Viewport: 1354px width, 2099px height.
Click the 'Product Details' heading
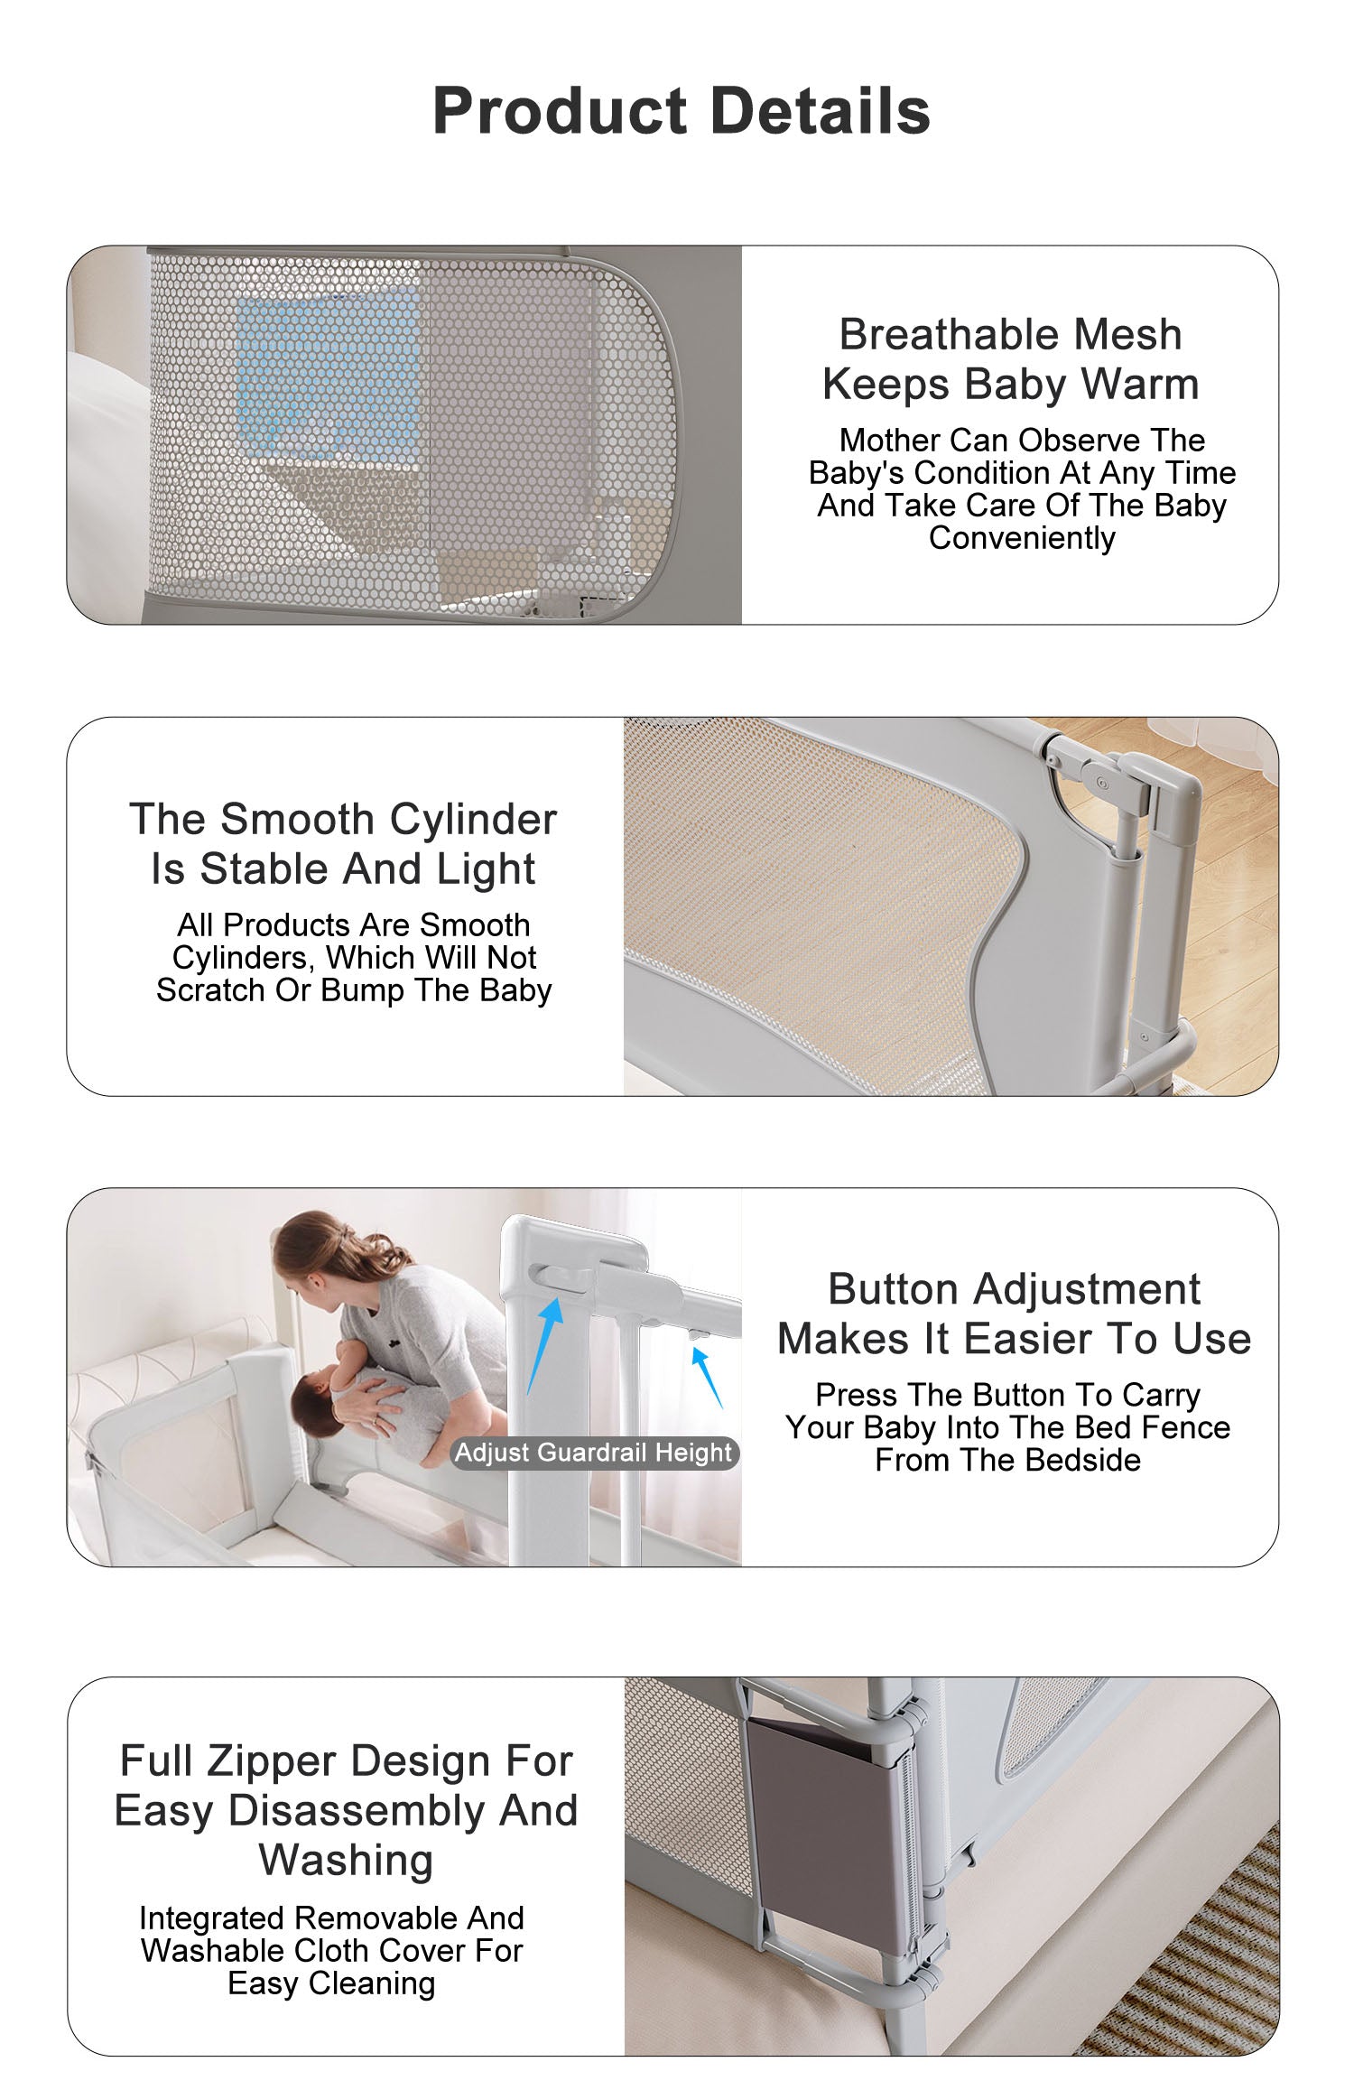point(682,111)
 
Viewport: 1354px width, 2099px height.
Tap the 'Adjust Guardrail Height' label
point(594,1453)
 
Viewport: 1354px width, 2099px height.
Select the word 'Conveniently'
point(1022,539)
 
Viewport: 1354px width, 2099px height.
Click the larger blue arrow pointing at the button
point(544,1346)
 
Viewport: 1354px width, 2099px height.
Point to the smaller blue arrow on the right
point(707,1377)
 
